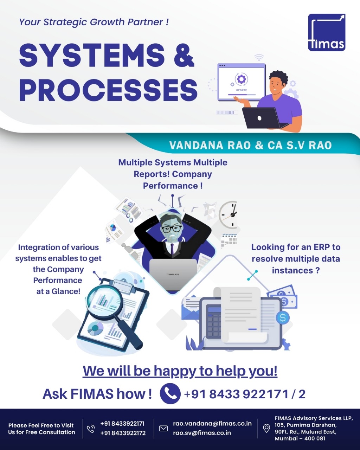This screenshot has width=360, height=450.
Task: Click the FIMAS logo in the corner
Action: click(x=327, y=32)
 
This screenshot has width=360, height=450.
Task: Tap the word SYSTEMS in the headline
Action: click(x=92, y=56)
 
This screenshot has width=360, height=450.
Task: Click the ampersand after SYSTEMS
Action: click(x=184, y=56)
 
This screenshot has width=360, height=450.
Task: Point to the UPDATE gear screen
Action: click(x=241, y=82)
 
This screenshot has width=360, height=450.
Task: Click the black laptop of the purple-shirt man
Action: click(x=261, y=118)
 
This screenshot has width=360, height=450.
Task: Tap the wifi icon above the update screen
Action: click(x=259, y=57)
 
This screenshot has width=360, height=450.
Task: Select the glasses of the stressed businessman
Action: click(x=171, y=228)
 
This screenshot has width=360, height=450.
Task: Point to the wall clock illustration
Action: click(x=229, y=214)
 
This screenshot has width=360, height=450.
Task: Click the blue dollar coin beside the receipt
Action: click(x=283, y=318)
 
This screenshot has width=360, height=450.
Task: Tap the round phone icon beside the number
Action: click(x=170, y=393)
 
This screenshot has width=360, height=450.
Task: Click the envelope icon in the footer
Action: click(x=163, y=428)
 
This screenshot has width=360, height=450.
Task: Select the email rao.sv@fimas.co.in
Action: click(x=202, y=433)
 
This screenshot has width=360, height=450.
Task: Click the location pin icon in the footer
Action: click(x=266, y=428)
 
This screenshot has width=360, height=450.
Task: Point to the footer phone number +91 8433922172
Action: click(x=123, y=433)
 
